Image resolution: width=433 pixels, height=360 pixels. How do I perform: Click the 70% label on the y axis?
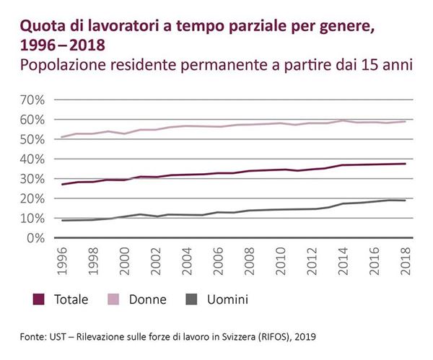click(35, 99)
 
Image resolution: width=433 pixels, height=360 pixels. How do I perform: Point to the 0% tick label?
click(38, 237)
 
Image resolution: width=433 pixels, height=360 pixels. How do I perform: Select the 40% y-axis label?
click(35, 158)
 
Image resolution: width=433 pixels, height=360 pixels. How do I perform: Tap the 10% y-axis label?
click(35, 218)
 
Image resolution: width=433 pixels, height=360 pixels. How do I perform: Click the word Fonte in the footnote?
click(35, 336)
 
